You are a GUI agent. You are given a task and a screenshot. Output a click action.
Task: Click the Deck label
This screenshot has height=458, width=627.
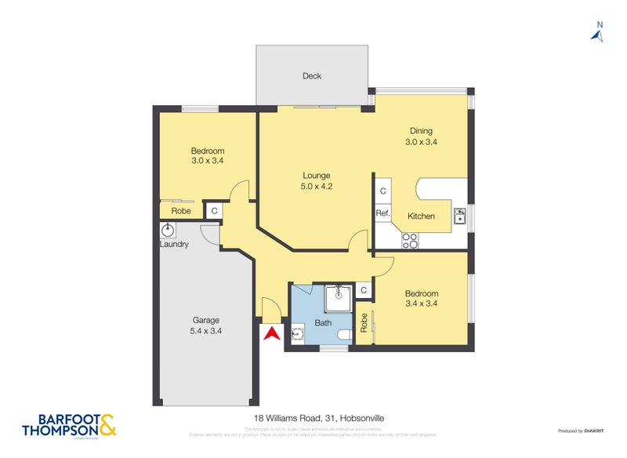coord(312,76)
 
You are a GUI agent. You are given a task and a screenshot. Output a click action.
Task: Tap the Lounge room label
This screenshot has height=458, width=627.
coord(317,176)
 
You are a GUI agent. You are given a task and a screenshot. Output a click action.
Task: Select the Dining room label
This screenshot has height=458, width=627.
coord(421,131)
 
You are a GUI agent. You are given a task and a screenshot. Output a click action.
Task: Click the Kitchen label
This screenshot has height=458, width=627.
coord(421,216)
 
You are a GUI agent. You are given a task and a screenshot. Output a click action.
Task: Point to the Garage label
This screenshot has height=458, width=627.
coord(206,320)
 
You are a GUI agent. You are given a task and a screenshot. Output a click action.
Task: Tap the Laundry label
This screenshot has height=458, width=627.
coord(174,245)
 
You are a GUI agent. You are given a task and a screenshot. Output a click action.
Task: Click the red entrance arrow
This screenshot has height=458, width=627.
coord(270,334)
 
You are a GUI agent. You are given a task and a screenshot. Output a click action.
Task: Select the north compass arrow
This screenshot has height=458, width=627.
coord(598,34)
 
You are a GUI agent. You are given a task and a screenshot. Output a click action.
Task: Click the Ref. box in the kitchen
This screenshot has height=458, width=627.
coord(382,213)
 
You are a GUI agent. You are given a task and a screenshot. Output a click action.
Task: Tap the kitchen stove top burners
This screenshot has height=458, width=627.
coord(410,240)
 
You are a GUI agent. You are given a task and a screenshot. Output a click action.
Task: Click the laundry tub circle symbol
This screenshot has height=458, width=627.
coord(168,231)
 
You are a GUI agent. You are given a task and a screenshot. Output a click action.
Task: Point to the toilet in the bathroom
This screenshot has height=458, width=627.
coord(342,336)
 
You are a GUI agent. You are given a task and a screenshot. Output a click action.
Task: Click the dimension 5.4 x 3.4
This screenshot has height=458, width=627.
coord(206,332)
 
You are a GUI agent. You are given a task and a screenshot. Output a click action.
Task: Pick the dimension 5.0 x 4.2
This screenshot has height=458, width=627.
coord(317,187)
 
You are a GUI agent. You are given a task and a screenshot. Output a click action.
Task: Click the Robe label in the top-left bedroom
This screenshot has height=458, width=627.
coord(180,211)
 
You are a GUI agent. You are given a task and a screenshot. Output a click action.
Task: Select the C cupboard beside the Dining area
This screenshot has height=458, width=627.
coord(382,191)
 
